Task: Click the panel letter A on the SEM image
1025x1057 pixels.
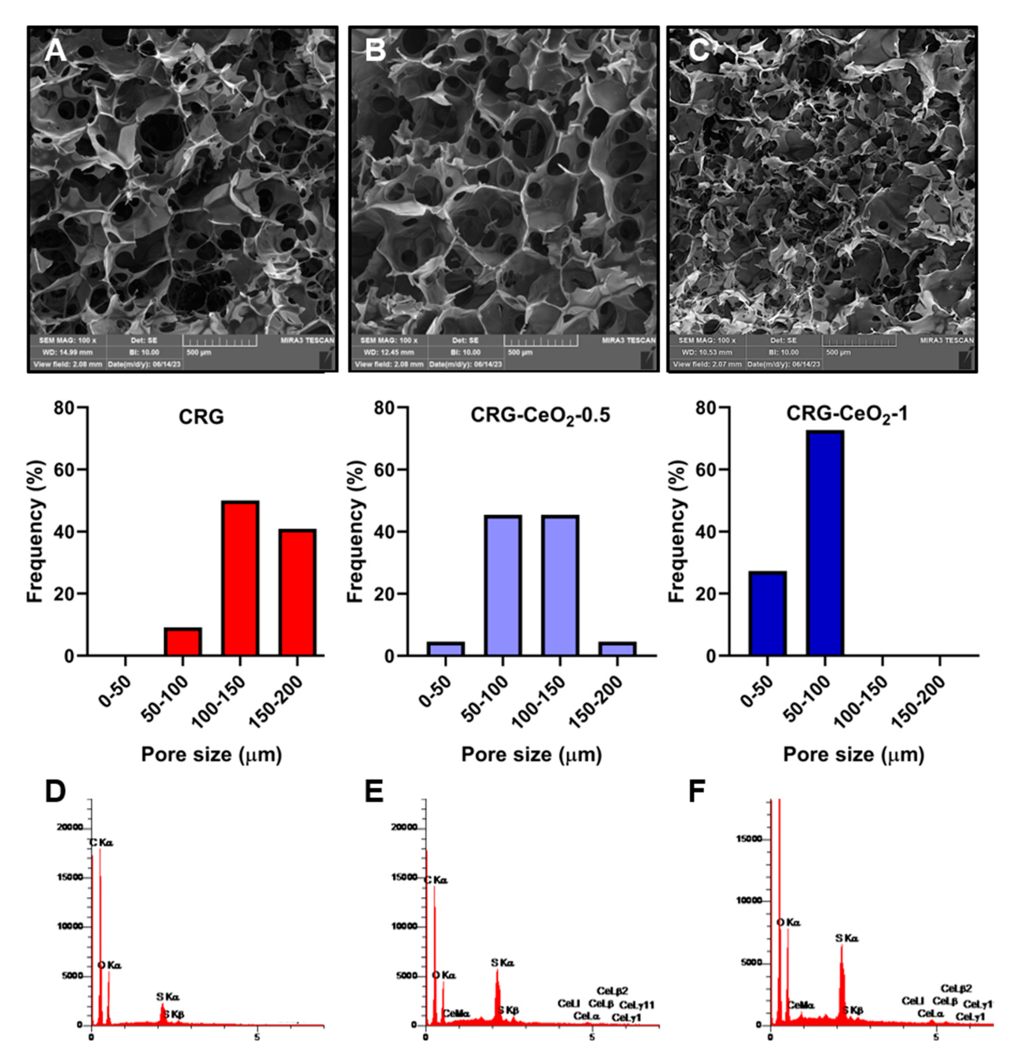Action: coord(55,51)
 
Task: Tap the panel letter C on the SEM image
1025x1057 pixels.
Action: coord(699,51)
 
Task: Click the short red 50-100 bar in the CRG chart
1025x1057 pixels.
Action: coord(183,642)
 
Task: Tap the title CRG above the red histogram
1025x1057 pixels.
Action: coord(201,416)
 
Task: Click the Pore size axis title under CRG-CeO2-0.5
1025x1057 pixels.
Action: coord(531,754)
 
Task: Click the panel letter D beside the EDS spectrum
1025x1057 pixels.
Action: coord(55,792)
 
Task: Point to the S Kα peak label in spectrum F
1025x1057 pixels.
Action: coord(846,938)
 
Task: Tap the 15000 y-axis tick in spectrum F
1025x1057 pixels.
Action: coord(750,839)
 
